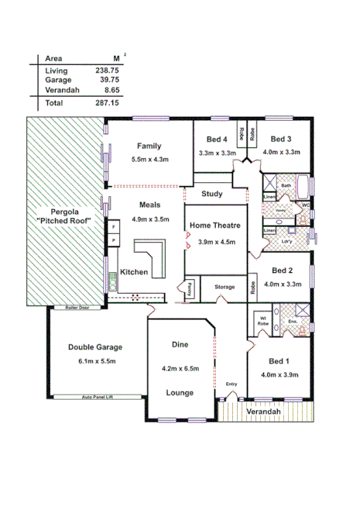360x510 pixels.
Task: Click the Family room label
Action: [x=149, y=146]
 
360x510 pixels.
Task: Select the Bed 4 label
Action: [x=217, y=140]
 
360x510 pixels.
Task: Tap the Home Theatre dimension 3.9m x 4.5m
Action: [x=217, y=241]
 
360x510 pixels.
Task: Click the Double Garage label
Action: [x=95, y=347]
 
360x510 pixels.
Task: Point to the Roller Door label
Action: [x=77, y=308]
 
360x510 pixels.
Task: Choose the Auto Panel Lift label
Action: [x=105, y=398]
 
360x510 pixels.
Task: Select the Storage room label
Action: [x=225, y=287]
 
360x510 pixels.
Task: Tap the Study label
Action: [x=211, y=194]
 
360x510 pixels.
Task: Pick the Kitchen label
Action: [x=134, y=272]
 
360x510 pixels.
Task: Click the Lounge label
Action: [x=180, y=393]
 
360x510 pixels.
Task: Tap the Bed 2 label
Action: [x=281, y=271]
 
